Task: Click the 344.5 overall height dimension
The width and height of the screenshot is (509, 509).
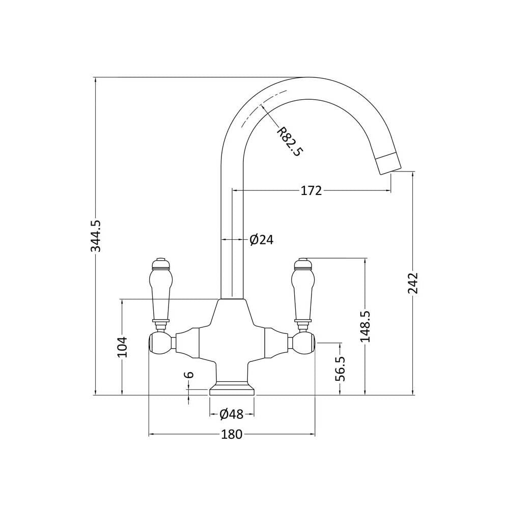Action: [96, 236]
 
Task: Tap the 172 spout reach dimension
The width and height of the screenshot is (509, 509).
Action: [311, 190]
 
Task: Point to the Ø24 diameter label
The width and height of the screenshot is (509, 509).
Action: [261, 240]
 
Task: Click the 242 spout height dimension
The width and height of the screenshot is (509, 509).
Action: [413, 282]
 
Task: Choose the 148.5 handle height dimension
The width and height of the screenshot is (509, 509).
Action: [365, 326]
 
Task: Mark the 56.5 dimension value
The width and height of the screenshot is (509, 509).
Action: [340, 369]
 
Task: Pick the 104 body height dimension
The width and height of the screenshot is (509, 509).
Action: [122, 347]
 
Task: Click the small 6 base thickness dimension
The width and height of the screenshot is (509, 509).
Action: [189, 375]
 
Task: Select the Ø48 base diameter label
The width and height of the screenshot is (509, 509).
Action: [232, 414]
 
